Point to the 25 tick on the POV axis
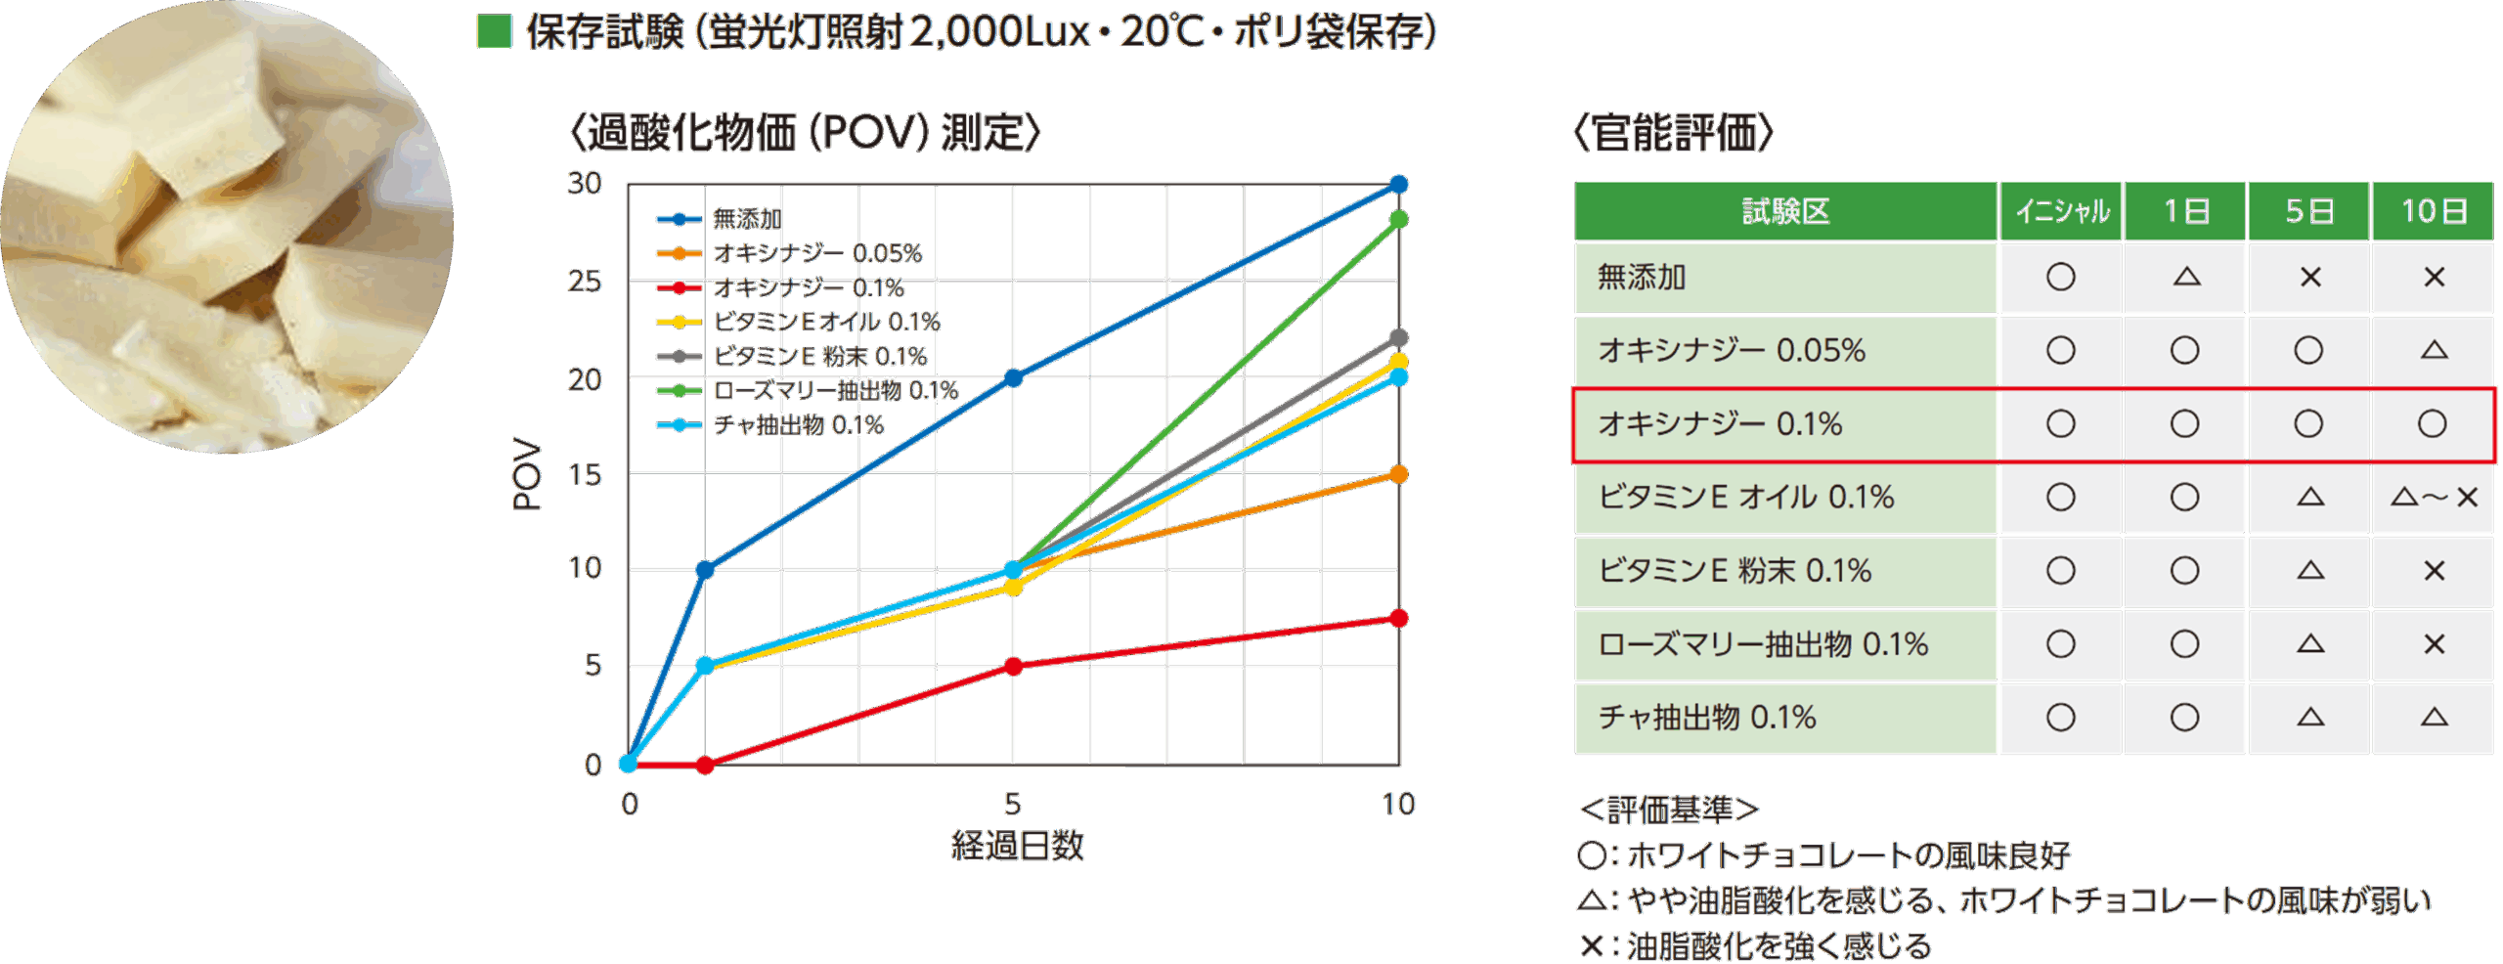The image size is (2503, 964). [585, 282]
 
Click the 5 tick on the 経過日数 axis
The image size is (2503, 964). [1013, 804]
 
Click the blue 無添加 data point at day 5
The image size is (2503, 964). [1014, 377]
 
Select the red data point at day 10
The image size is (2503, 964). [1399, 618]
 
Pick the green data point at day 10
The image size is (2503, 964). [1399, 219]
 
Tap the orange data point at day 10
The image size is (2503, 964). [1399, 474]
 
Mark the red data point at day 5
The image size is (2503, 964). [1014, 666]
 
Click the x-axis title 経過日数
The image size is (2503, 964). [1017, 846]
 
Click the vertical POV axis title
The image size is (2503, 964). [527, 474]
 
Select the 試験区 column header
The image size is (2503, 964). [1785, 211]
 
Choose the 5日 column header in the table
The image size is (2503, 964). [2308, 211]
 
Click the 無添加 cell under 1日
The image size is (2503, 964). [2185, 278]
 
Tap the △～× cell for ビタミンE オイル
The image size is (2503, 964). [2433, 498]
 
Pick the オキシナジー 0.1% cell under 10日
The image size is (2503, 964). [2433, 424]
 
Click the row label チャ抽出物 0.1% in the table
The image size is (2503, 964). [1707, 718]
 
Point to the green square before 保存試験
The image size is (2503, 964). [495, 31]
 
